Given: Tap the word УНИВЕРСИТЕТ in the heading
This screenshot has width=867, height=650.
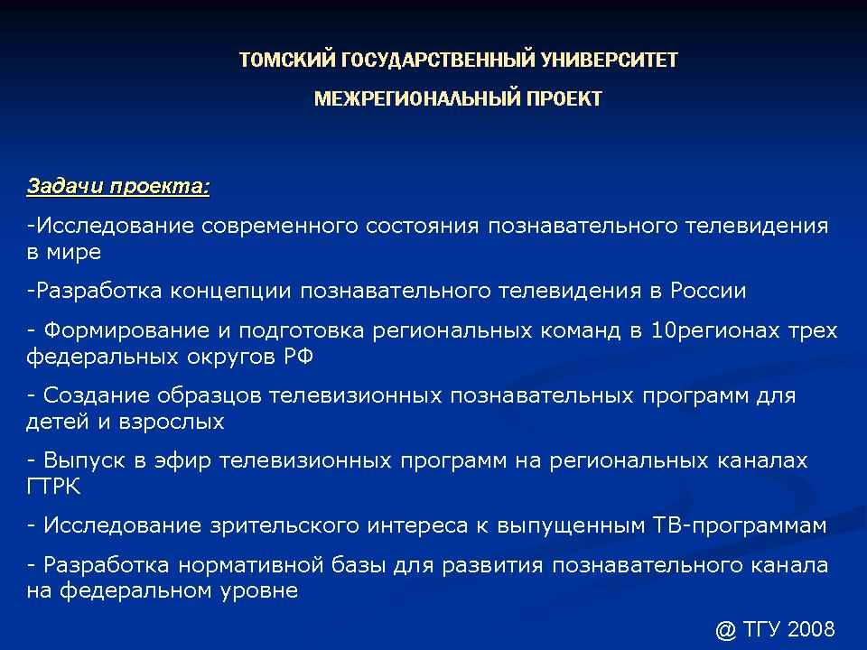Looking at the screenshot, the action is point(610,60).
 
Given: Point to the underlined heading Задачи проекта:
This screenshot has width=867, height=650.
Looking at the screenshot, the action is point(118,186).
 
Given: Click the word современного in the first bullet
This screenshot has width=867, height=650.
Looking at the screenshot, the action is point(280,226).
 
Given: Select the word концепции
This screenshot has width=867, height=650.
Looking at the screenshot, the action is point(230,292).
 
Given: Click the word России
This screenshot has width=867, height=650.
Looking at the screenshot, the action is point(708,290).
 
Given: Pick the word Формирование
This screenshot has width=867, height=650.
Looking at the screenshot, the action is point(126,330).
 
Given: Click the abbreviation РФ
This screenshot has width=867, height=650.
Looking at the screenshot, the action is point(299,357).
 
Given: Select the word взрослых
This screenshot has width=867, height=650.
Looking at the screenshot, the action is point(172,422).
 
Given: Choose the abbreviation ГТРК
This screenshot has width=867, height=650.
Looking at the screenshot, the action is point(53,487).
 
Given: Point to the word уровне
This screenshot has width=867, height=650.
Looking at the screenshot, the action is point(259,590).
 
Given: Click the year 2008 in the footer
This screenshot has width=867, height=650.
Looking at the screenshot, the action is point(811,629).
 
